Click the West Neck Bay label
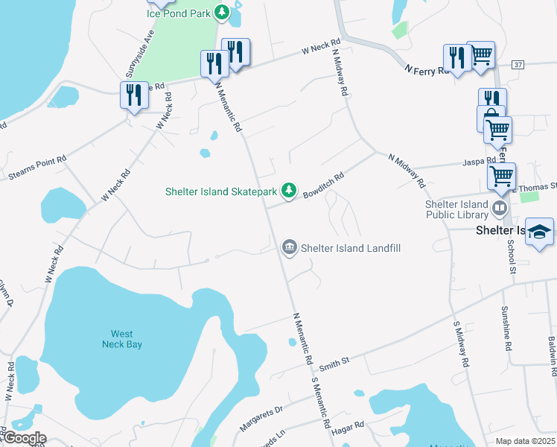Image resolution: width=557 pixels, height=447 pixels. pos(121,339)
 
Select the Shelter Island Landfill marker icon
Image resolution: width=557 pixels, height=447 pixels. pos(289,247)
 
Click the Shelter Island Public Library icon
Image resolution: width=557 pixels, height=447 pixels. pos(499,206)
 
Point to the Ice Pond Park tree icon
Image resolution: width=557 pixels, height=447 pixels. pos(222,13)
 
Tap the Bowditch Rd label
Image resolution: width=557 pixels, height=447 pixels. pos(323,186)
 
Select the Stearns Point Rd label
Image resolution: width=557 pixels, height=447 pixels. pos(37,168)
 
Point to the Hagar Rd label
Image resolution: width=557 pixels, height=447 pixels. pos(348,425)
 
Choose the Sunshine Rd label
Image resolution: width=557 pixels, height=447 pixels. pos(506,329)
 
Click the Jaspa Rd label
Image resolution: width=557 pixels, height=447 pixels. pos(480,161)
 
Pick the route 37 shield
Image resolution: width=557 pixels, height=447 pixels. pos(518,66)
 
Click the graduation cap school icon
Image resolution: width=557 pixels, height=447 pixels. pos(539,232)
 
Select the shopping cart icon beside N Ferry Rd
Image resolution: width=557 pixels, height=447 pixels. pos(481,54)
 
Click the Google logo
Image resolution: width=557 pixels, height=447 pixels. pos(24,438)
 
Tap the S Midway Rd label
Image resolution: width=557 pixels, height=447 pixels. pos(461,343)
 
